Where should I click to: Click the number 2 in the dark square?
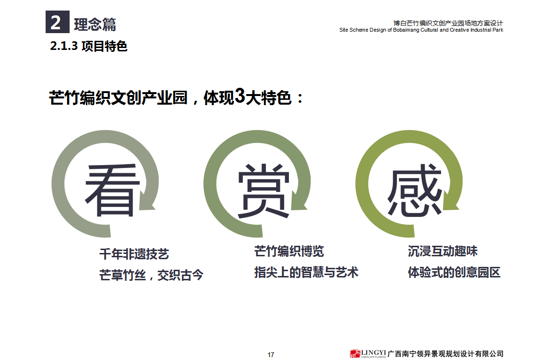coord(56,23)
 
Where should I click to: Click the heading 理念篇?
coord(95,24)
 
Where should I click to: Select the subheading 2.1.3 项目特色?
coord(88,46)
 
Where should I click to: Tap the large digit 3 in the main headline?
coord(240,96)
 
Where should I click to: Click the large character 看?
coord(112,190)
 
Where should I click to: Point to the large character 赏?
coord(264,191)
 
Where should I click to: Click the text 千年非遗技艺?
coord(134,254)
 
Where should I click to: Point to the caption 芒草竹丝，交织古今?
coord(151,275)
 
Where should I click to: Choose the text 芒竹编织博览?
coord(289,251)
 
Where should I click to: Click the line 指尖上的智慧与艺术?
coord(306,273)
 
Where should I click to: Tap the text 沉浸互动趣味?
coord(443,251)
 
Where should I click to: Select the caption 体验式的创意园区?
coord(454,273)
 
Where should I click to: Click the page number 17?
coord(271,355)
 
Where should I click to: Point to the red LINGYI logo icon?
coord(355,354)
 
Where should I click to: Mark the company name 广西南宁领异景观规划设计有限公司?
coord(445,354)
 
